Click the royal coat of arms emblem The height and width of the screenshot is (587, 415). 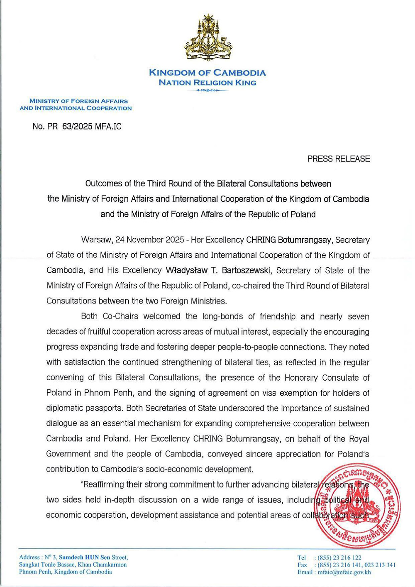(x=207, y=39)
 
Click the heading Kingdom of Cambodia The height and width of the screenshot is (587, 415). (x=207, y=73)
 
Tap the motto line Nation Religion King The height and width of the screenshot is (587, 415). (x=207, y=83)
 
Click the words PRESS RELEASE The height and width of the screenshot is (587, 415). (x=338, y=159)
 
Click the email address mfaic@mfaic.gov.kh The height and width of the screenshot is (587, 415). (x=344, y=572)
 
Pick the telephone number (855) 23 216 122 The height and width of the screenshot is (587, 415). (x=339, y=558)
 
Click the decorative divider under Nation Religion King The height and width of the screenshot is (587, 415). (x=207, y=90)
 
